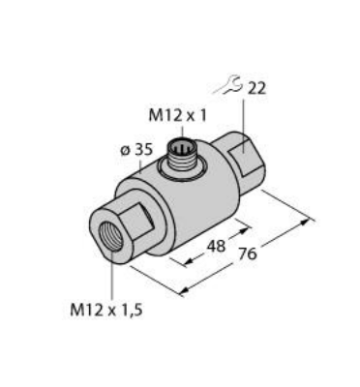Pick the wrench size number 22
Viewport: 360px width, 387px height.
click(257, 88)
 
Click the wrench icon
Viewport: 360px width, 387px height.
click(230, 88)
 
